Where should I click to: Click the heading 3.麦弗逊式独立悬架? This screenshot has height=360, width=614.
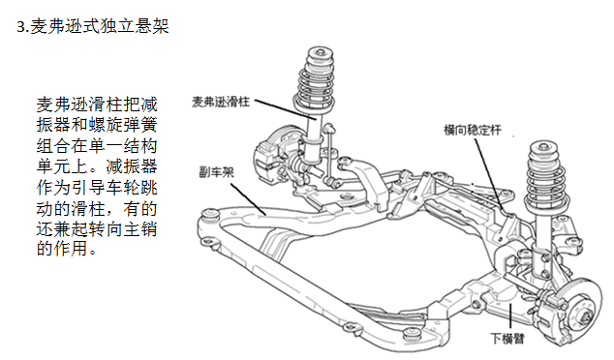93,26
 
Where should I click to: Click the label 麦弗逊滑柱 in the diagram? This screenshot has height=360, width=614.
222,101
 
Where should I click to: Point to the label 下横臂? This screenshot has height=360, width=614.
507,339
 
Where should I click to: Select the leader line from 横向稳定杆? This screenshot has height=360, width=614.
491,165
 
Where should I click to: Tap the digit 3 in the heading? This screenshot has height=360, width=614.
23,26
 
